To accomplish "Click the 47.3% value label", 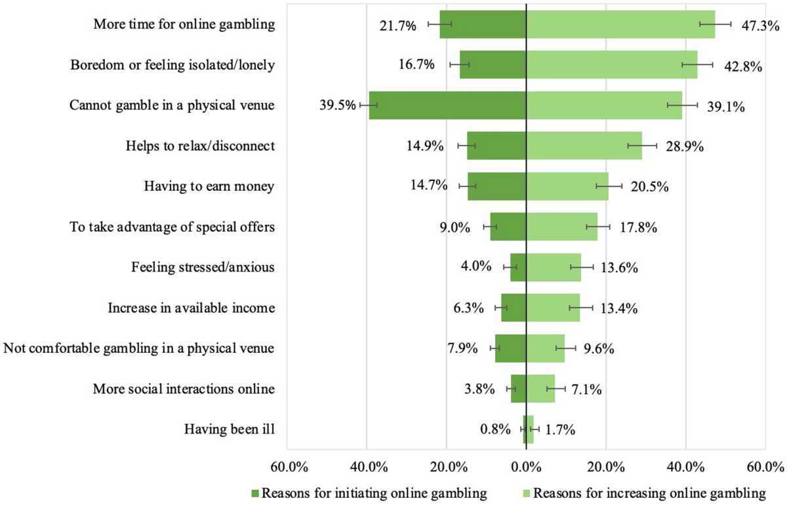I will (758, 26).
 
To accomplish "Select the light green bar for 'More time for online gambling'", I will (620, 25).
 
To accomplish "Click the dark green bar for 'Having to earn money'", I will (497, 186).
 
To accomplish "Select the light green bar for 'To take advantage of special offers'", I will (561, 227).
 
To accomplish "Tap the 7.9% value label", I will (462, 349).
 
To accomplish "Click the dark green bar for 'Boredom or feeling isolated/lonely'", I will (493, 65).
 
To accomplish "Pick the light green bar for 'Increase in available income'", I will (553, 308).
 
